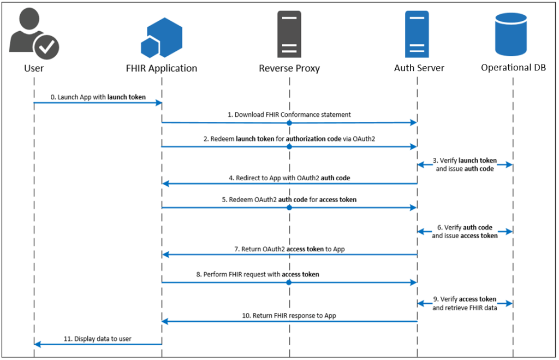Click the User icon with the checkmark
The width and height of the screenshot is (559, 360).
pyautogui.click(x=34, y=34)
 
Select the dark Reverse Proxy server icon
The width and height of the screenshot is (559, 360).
pyautogui.click(x=289, y=34)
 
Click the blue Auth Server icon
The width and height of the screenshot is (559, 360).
pyautogui.click(x=417, y=34)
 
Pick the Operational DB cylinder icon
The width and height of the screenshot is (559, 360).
pyautogui.click(x=513, y=34)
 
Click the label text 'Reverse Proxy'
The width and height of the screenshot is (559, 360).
pyautogui.click(x=289, y=68)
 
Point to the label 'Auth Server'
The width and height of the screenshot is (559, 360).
pyautogui.click(x=419, y=68)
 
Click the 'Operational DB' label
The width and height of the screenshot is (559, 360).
pyautogui.click(x=513, y=68)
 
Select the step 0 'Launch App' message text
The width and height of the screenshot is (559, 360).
pyautogui.click(x=98, y=97)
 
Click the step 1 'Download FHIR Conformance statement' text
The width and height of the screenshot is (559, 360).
pyautogui.click(x=289, y=115)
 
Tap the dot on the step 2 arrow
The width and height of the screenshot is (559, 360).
pyautogui.click(x=289, y=146)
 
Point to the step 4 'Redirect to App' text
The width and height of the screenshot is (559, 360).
pyautogui.click(x=289, y=178)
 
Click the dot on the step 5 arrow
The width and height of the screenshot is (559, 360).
pyautogui.click(x=289, y=208)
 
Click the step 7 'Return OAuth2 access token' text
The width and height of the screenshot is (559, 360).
pyautogui.click(x=289, y=249)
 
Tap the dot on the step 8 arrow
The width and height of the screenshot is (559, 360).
pyautogui.click(x=289, y=282)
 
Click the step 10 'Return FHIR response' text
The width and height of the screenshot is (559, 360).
pyautogui.click(x=289, y=316)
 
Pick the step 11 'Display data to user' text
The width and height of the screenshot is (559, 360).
pyautogui.click(x=98, y=339)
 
